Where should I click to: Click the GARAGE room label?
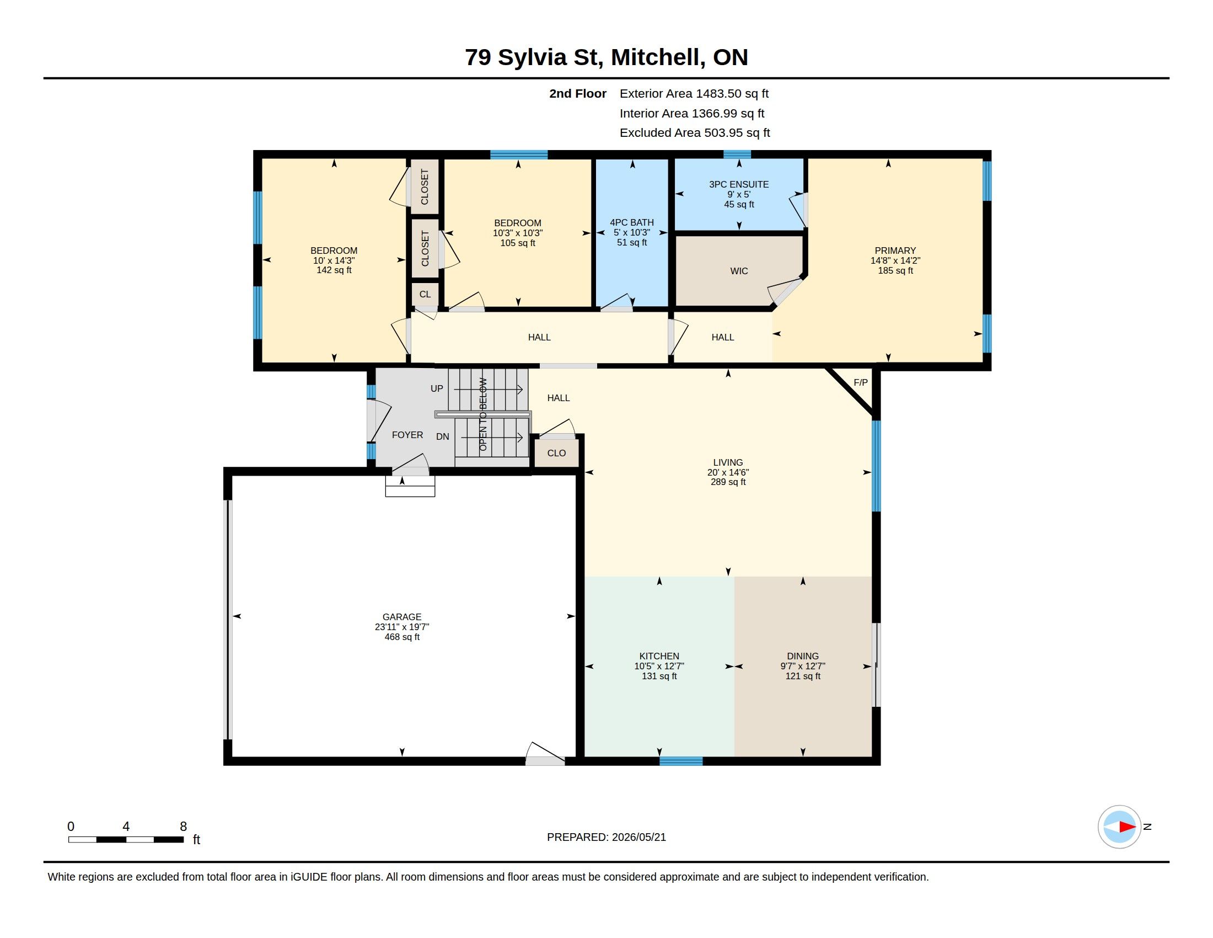click(x=401, y=617)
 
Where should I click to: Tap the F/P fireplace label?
click(x=860, y=382)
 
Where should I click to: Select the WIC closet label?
click(x=739, y=270)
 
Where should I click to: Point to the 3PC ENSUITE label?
click(x=739, y=184)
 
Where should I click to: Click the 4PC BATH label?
click(x=631, y=222)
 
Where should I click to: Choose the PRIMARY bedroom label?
click(x=895, y=251)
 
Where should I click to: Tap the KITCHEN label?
click(x=659, y=655)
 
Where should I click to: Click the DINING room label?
click(x=803, y=655)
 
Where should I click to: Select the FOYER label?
click(x=407, y=435)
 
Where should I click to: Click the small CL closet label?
click(x=425, y=294)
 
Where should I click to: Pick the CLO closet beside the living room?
click(x=556, y=453)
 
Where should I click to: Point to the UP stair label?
click(x=437, y=388)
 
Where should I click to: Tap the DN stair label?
click(x=442, y=436)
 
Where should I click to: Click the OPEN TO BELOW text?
click(x=482, y=414)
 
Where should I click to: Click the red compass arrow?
click(x=1127, y=827)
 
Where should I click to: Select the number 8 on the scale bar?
click(x=183, y=827)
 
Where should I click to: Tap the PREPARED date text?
click(x=606, y=837)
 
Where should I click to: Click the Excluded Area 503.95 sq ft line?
click(x=694, y=133)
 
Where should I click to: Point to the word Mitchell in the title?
click(x=658, y=57)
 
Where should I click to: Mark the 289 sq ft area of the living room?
click(x=728, y=482)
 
